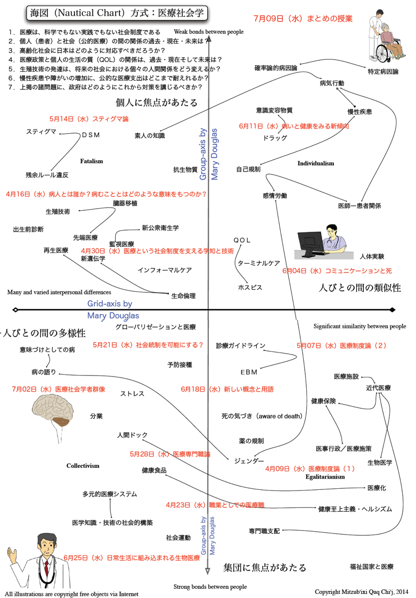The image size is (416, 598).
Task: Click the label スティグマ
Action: point(41,132)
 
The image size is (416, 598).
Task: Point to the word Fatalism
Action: point(91,161)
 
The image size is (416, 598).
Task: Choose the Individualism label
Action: point(315,163)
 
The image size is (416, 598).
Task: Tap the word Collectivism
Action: point(83,466)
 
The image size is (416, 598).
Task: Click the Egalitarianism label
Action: point(325,477)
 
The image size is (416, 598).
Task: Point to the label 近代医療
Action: point(378,388)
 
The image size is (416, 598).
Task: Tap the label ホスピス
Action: point(250,287)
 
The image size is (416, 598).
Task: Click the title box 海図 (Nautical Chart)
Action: point(117,12)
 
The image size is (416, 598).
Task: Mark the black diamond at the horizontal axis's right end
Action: point(392,310)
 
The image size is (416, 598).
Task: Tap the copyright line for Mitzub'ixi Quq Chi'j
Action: point(361,591)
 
